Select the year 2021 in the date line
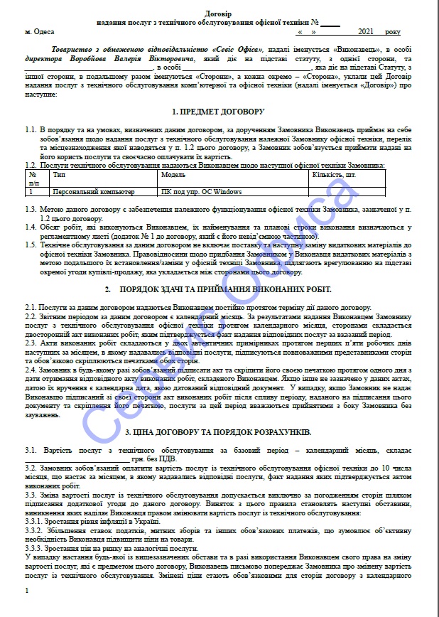point(365,32)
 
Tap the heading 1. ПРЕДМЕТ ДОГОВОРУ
point(218,112)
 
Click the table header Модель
point(173,173)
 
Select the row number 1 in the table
point(31,192)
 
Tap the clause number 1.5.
point(31,244)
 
